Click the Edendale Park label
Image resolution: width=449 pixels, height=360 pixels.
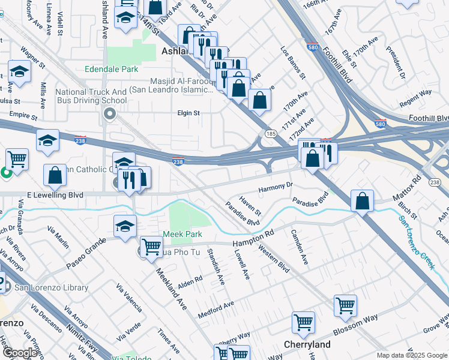tap(112, 70)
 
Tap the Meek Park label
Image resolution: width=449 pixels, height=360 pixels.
tap(182, 234)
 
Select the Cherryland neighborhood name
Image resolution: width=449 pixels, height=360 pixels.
tap(307, 344)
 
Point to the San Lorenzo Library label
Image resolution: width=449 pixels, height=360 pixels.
tap(51, 288)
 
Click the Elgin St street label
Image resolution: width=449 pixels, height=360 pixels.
tap(188, 113)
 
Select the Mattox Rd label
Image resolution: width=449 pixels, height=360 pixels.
tap(417, 187)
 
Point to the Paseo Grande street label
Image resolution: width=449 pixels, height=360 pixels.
tap(86, 253)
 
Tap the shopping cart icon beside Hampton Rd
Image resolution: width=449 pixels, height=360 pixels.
tap(151, 246)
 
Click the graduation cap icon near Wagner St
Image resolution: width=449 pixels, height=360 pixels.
tap(20, 72)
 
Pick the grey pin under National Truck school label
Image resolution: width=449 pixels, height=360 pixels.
tap(109, 114)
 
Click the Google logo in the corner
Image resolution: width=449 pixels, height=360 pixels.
tap(19, 353)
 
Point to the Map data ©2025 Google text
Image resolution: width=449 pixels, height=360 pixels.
tap(411, 355)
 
